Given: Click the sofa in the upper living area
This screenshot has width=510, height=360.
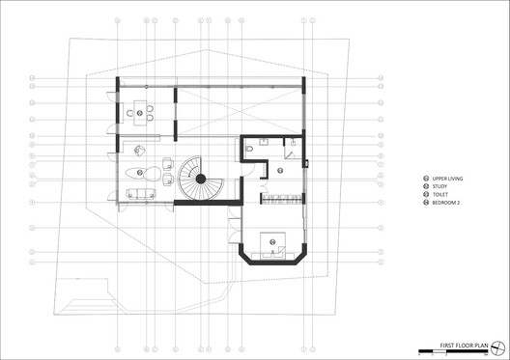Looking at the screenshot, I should [142, 194].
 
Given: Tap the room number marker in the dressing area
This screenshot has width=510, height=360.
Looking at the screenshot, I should [279, 171].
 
